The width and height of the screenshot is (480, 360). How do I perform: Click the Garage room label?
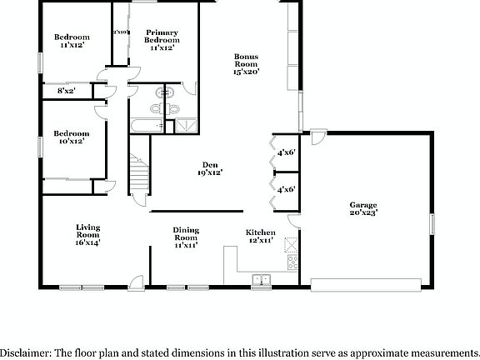pyautogui.click(x=363, y=208)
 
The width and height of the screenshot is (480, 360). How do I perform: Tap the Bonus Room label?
pyautogui.click(x=246, y=64)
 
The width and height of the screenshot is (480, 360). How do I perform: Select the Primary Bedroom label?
pyautogui.click(x=161, y=40)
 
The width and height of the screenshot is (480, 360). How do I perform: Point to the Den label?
pyautogui.click(x=210, y=169)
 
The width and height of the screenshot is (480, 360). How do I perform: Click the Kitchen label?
pyautogui.click(x=260, y=236)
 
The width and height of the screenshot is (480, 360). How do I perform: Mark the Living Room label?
pyautogui.click(x=88, y=234)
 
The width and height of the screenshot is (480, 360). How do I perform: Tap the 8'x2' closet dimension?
pyautogui.click(x=66, y=90)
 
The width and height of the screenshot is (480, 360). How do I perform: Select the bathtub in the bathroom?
pyautogui.click(x=147, y=126)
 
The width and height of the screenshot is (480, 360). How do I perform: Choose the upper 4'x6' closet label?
pyautogui.click(x=287, y=152)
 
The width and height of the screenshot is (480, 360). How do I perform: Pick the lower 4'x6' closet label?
pyautogui.click(x=287, y=190)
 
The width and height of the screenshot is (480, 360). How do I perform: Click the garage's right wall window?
pyautogui.click(x=432, y=226)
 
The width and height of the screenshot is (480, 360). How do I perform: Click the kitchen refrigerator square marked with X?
pyautogui.click(x=291, y=244)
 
